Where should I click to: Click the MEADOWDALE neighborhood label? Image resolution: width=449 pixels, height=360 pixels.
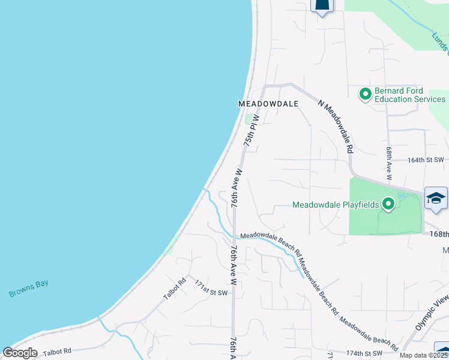pos(268,104)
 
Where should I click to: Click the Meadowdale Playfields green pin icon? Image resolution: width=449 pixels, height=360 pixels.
pos(388,205)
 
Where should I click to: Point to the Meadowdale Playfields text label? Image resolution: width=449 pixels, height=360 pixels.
pos(336,205)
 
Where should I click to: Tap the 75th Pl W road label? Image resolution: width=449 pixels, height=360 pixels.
pos(250,130)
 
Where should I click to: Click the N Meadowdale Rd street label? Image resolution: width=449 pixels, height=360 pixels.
pos(336,127)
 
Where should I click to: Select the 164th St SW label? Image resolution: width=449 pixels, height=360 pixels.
pos(425,160)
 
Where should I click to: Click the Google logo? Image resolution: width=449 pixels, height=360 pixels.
pos(20,353)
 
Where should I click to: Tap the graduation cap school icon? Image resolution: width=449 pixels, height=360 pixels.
pos(436,198)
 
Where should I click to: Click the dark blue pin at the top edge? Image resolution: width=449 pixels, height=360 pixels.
pos(322,5)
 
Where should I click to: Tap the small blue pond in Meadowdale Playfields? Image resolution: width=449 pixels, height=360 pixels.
pos(402,197)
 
